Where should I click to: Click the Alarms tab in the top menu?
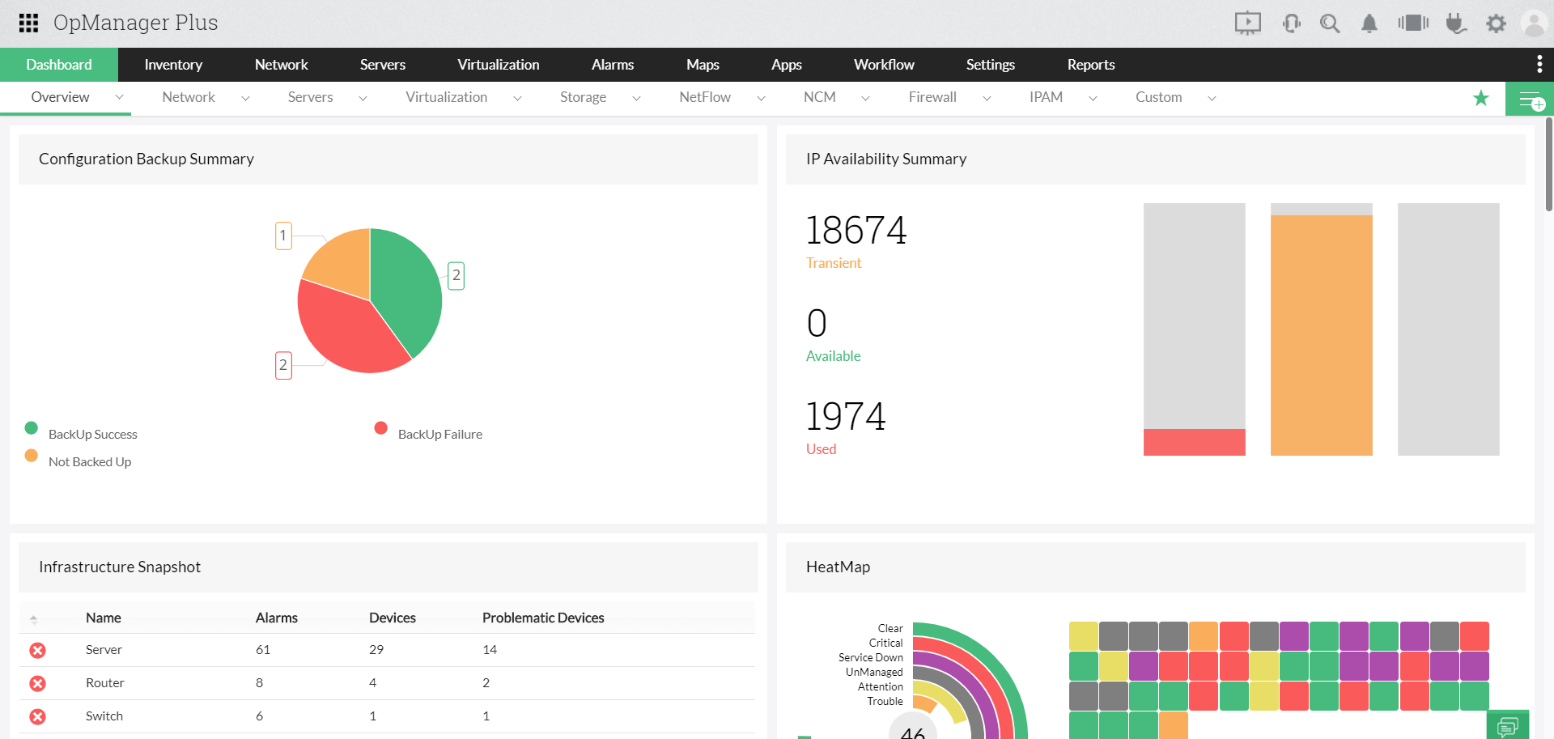point(612,65)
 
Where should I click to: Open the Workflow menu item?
point(883,65)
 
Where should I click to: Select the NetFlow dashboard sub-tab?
point(704,97)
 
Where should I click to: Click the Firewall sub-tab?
point(932,97)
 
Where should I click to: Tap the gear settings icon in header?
point(1496,23)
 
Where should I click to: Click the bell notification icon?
point(1369,23)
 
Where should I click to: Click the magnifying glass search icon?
point(1329,23)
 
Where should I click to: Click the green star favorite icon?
point(1480,98)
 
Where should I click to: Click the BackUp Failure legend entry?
point(439,435)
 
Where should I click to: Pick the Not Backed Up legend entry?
point(89,462)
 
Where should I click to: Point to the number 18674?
point(856,231)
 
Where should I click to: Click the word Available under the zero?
point(833,356)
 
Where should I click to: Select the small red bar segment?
point(1194,442)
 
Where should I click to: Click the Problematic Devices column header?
point(542,618)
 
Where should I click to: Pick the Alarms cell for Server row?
point(263,650)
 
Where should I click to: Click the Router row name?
point(105,683)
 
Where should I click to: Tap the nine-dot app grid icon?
point(28,23)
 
